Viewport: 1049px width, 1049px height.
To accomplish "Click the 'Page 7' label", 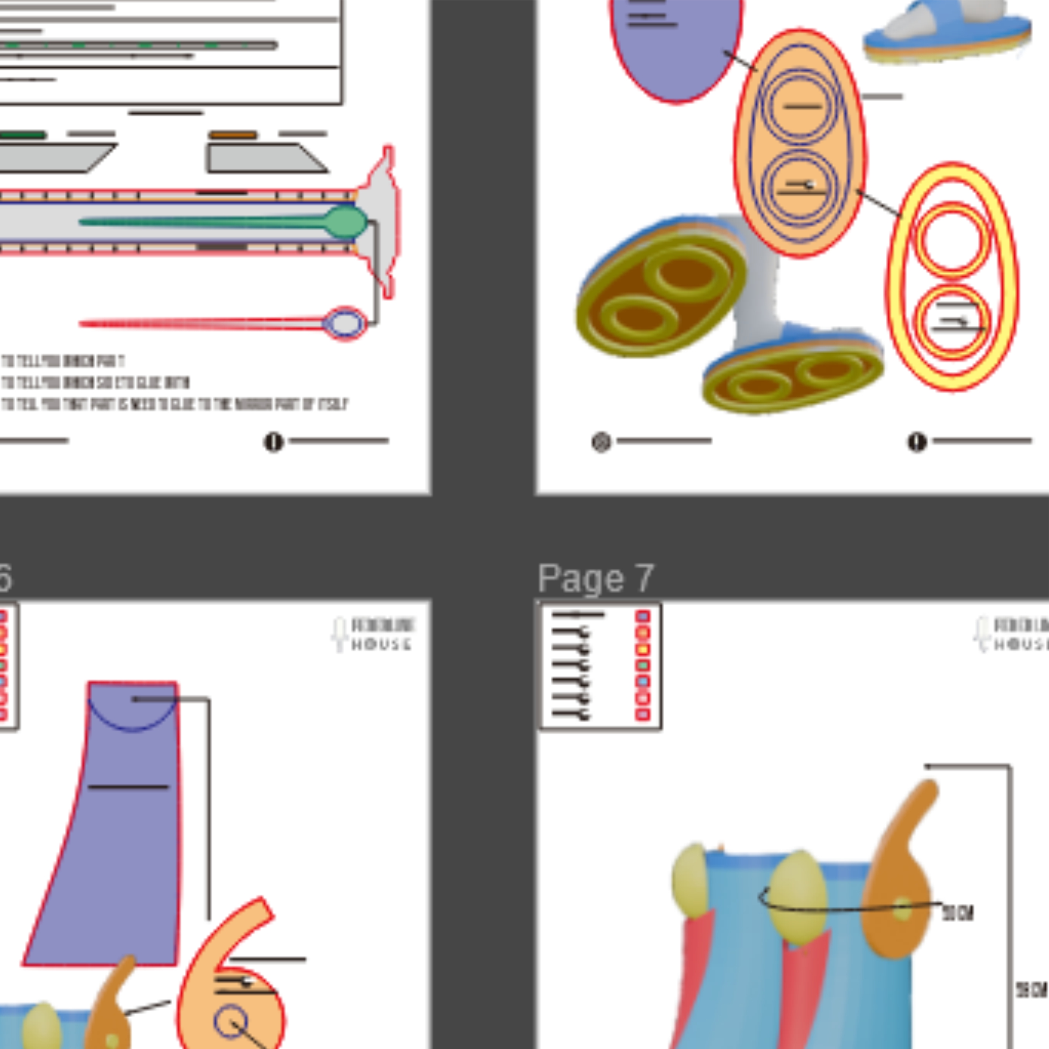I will (596, 578).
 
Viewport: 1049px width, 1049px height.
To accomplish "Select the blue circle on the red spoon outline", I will (345, 324).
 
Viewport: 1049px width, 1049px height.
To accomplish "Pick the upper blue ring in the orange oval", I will (800, 107).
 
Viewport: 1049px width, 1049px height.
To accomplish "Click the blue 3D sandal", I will (947, 33).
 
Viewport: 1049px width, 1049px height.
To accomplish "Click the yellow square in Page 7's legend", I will (643, 649).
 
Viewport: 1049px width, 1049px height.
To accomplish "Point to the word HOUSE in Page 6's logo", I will (381, 645).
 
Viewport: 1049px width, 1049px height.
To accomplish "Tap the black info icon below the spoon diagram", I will (274, 442).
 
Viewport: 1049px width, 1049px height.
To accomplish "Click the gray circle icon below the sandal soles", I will (601, 442).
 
